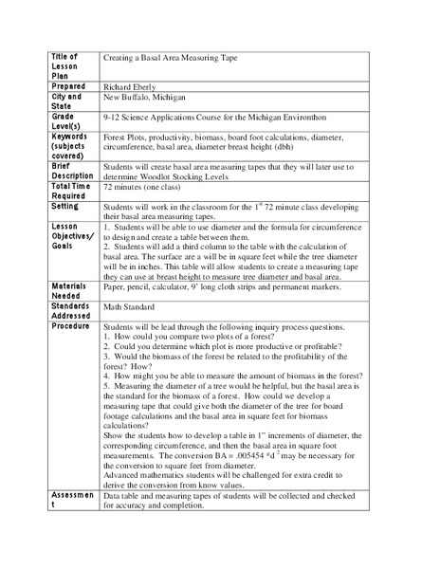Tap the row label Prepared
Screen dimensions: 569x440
coord(68,84)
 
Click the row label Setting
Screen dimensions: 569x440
coord(65,206)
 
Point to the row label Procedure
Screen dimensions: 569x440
coord(72,326)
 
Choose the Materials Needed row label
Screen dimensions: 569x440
coord(72,285)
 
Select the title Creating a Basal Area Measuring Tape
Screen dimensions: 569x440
coord(171,58)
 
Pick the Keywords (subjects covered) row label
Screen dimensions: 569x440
coord(72,147)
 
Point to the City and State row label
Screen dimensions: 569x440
coord(67,101)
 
